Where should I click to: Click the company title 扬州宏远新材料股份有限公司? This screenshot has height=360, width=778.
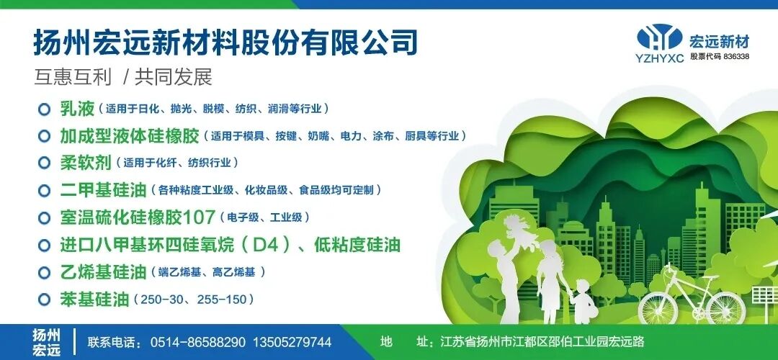[225, 42]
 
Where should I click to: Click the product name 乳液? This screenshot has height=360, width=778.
[77, 109]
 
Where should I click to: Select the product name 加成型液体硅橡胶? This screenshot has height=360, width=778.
[129, 135]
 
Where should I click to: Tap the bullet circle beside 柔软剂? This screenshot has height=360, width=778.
[44, 163]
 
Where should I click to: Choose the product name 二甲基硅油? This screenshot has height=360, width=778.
[103, 190]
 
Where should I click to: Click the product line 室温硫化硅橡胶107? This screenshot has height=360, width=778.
[138, 217]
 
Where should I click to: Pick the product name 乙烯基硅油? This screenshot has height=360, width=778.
[103, 272]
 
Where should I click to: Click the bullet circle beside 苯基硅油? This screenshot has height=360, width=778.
[44, 299]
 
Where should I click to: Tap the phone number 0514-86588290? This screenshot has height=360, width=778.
[197, 342]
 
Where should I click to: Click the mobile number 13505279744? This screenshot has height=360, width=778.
[292, 342]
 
